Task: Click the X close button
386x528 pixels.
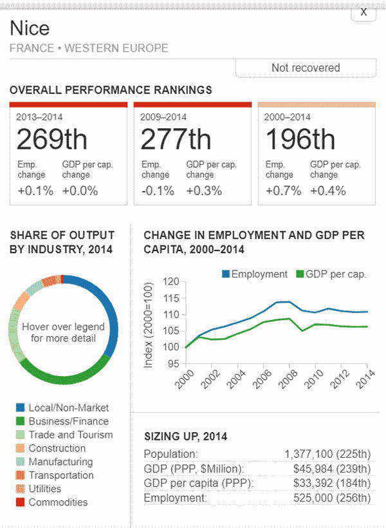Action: [x=363, y=12]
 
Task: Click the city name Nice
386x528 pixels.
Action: [x=30, y=28]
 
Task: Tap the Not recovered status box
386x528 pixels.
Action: [x=306, y=68]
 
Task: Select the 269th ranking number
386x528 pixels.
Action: [x=51, y=139]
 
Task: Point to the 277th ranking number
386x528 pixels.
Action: [x=176, y=139]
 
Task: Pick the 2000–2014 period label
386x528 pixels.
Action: [x=288, y=117]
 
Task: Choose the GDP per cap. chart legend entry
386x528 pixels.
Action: [x=329, y=274]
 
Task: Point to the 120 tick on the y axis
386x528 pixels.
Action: [x=170, y=282]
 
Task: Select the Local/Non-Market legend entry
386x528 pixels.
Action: [x=68, y=408]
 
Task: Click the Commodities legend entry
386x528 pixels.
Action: [x=58, y=502]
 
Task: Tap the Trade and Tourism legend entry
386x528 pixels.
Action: [x=70, y=435]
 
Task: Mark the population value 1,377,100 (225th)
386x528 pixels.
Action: [x=327, y=454]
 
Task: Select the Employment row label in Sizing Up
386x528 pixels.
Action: [x=176, y=498]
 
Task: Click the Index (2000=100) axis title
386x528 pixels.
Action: [x=149, y=325]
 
